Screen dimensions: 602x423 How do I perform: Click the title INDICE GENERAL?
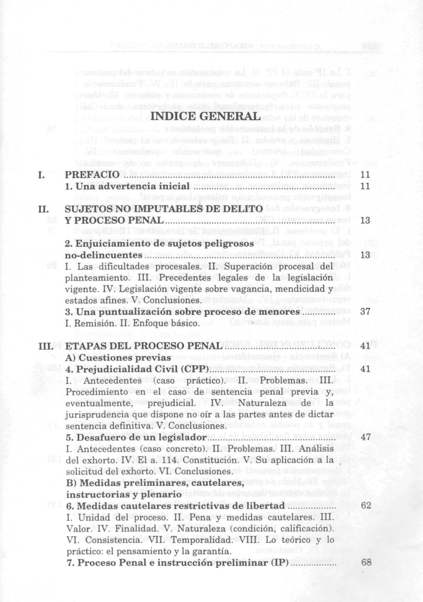coord(206,116)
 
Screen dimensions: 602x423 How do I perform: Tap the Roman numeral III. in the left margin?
coord(46,346)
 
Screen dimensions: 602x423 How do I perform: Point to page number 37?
coord(365,312)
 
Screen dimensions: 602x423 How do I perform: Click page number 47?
coord(365,437)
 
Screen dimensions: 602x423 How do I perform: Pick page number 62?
coord(366,506)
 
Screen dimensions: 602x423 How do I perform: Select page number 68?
coord(366,562)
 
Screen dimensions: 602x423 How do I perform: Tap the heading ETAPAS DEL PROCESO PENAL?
coord(143,346)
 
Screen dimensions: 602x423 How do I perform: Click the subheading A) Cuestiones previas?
coord(118,358)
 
